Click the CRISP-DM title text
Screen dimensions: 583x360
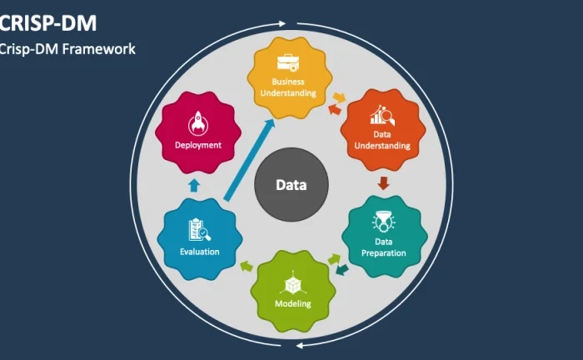pos(48,23)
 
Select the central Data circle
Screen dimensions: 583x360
pos(291,185)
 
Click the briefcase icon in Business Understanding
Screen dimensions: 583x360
pos(288,62)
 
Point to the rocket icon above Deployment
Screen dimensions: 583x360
pos(198,123)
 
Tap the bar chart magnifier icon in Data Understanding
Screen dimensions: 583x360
pos(382,115)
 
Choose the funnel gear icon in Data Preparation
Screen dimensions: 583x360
pos(383,222)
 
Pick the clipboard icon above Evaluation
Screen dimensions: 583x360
pos(199,229)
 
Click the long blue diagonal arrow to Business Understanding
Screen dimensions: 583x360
pos(250,160)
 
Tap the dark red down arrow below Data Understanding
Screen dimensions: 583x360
pos(383,183)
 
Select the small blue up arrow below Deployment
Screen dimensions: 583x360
pos(194,185)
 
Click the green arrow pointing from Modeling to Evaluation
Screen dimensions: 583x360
pos(247,267)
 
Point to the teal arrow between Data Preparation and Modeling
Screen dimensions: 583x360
pos(342,270)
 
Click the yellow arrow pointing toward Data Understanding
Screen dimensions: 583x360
pos(339,97)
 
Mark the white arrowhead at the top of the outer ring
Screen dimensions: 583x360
pos(282,24)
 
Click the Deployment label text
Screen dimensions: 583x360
pos(198,145)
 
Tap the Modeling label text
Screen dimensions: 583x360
pos(293,303)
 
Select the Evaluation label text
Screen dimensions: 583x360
pos(200,252)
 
